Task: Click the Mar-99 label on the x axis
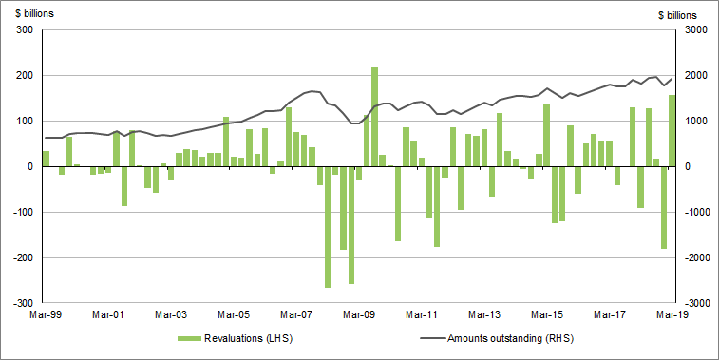(47, 313)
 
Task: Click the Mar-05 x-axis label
(234, 313)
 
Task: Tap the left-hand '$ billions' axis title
(31, 14)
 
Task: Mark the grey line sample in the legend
(429, 338)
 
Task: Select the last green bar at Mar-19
(672, 131)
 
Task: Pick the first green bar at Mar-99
(46, 159)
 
